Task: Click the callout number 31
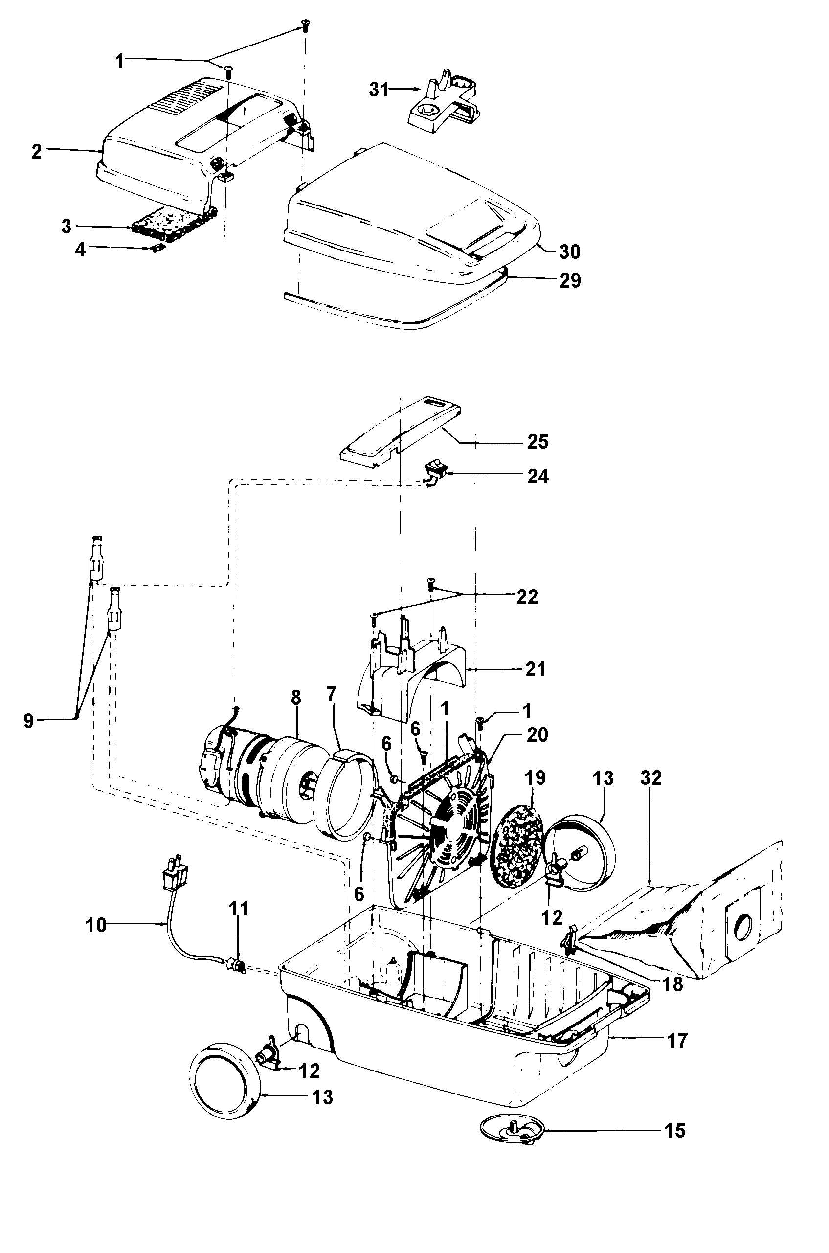click(379, 90)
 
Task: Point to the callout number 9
click(28, 720)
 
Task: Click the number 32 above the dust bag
click(651, 778)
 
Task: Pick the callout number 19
click(535, 778)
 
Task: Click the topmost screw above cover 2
click(305, 24)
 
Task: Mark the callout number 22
click(527, 596)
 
